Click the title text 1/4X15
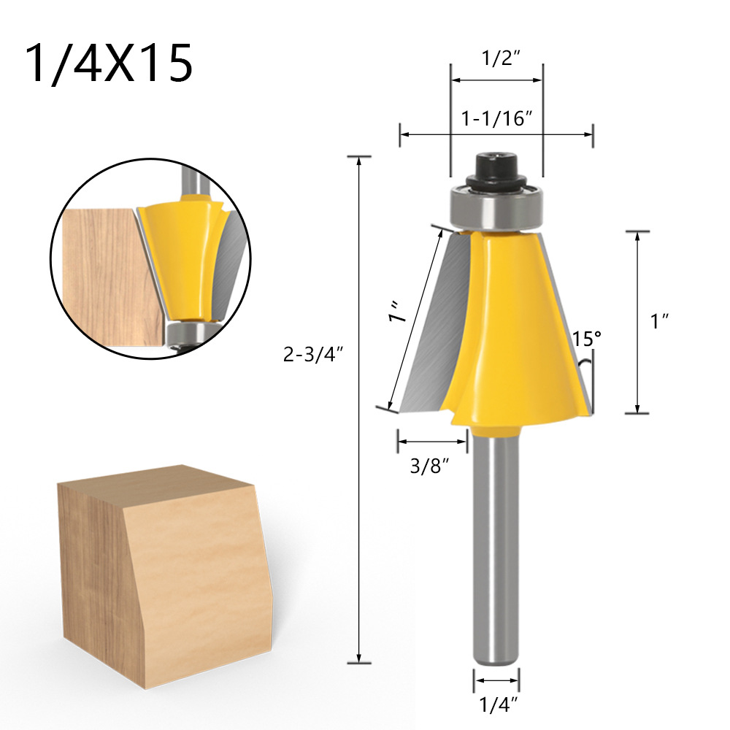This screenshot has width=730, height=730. [109, 64]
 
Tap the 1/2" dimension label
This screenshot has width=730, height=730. [500, 58]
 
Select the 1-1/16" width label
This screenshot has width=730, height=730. [496, 119]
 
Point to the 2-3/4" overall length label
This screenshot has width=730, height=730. [313, 356]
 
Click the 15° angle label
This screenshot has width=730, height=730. [587, 339]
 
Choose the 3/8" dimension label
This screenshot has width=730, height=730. [430, 466]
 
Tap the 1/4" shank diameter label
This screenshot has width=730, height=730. [499, 705]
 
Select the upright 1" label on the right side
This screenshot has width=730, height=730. [659, 320]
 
